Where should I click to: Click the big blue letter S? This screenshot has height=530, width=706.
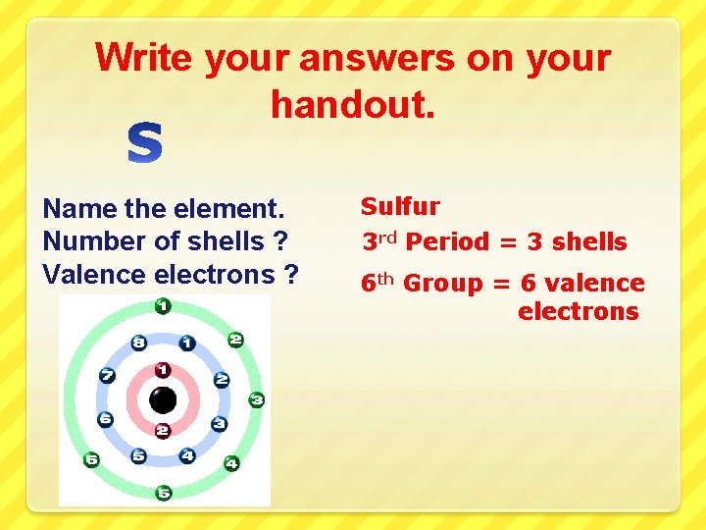tap(145, 143)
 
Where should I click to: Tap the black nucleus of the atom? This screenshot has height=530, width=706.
tap(163, 400)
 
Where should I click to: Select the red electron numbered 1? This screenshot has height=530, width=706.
tap(163, 370)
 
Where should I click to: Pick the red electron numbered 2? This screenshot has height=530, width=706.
tap(163, 431)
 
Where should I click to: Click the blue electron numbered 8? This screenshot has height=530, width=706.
tap(139, 344)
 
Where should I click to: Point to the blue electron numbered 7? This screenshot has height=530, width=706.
tap(108, 376)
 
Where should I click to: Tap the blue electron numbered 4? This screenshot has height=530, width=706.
tap(187, 456)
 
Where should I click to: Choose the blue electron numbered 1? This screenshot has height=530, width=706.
tap(186, 344)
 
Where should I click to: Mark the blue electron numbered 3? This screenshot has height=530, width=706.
tap(219, 424)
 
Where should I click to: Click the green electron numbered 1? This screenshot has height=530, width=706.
tap(163, 307)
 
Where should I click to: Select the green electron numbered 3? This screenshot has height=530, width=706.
tap(256, 399)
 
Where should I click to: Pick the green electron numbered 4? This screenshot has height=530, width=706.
tap(231, 462)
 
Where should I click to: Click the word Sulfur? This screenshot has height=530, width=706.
tap(400, 207)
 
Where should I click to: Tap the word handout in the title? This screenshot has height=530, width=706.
tap(351, 102)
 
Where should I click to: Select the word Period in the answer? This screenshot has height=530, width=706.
tap(447, 241)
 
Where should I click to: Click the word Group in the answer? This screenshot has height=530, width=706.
tap(443, 284)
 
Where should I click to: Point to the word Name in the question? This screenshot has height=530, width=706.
tap(80, 208)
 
